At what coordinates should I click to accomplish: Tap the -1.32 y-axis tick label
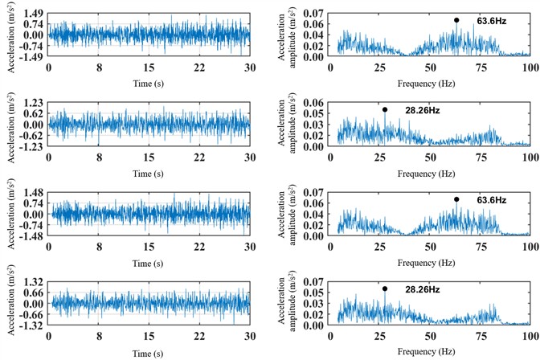(x=31, y=326)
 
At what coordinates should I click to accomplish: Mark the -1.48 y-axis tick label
(x=31, y=237)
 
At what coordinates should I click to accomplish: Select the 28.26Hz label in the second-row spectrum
(x=414, y=110)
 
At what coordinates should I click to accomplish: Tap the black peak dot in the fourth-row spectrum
(x=385, y=288)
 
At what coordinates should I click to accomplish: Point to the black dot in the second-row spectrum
(x=385, y=110)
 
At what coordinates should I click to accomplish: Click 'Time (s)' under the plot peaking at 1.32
(x=149, y=353)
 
